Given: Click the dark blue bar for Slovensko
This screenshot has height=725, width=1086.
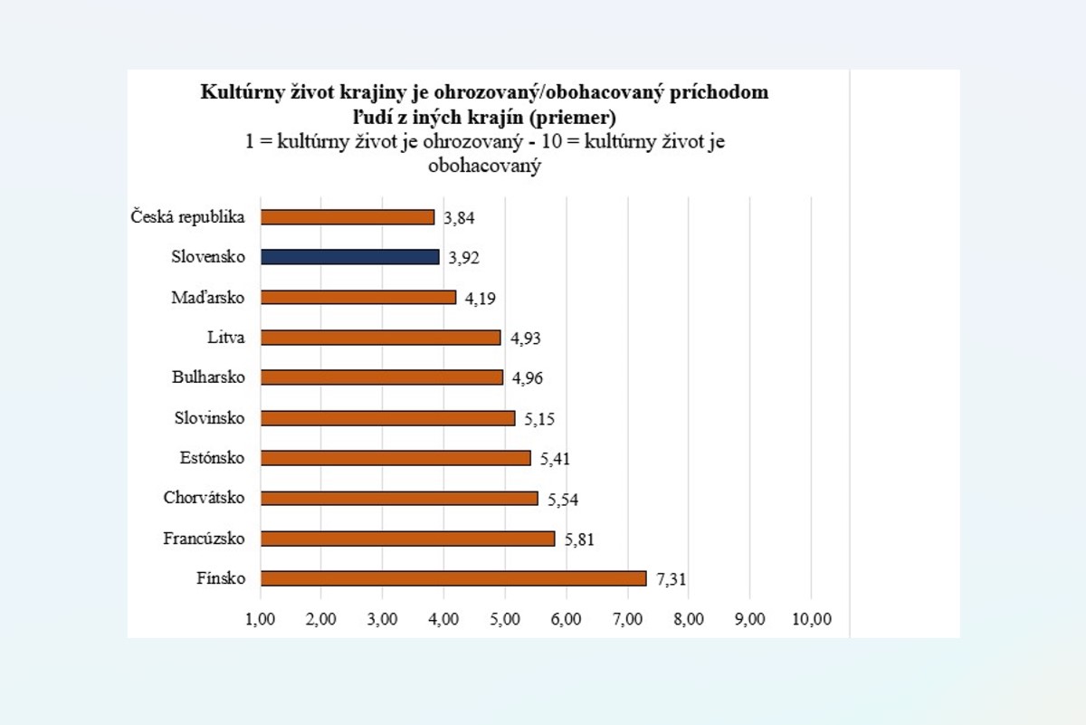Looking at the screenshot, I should click(x=350, y=257).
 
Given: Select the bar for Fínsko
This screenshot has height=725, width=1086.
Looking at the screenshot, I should click(x=453, y=578).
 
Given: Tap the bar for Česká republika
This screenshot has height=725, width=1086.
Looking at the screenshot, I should click(x=348, y=217).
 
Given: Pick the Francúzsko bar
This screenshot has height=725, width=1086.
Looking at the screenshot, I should click(x=407, y=539).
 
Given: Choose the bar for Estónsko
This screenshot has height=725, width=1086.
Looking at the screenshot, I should click(x=395, y=458).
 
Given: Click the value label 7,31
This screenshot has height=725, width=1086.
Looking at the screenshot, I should click(x=672, y=579).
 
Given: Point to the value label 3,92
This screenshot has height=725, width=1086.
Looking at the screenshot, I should click(x=463, y=258).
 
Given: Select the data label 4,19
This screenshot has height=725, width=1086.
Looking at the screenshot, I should click(x=481, y=298).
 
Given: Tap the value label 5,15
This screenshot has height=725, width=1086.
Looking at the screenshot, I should click(x=539, y=419).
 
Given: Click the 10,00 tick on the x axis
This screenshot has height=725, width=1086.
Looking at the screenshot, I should click(x=811, y=620).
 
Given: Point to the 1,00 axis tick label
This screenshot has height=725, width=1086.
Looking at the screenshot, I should click(x=261, y=620).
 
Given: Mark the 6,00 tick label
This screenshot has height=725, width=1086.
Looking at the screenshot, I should click(x=567, y=620).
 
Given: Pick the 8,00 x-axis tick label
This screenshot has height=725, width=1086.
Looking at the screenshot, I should click(x=689, y=620).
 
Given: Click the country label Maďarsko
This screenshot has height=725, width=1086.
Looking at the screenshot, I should click(x=208, y=297).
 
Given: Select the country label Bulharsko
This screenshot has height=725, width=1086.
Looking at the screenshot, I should click(x=208, y=377).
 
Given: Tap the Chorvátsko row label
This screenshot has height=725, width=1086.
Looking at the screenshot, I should click(x=205, y=498).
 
